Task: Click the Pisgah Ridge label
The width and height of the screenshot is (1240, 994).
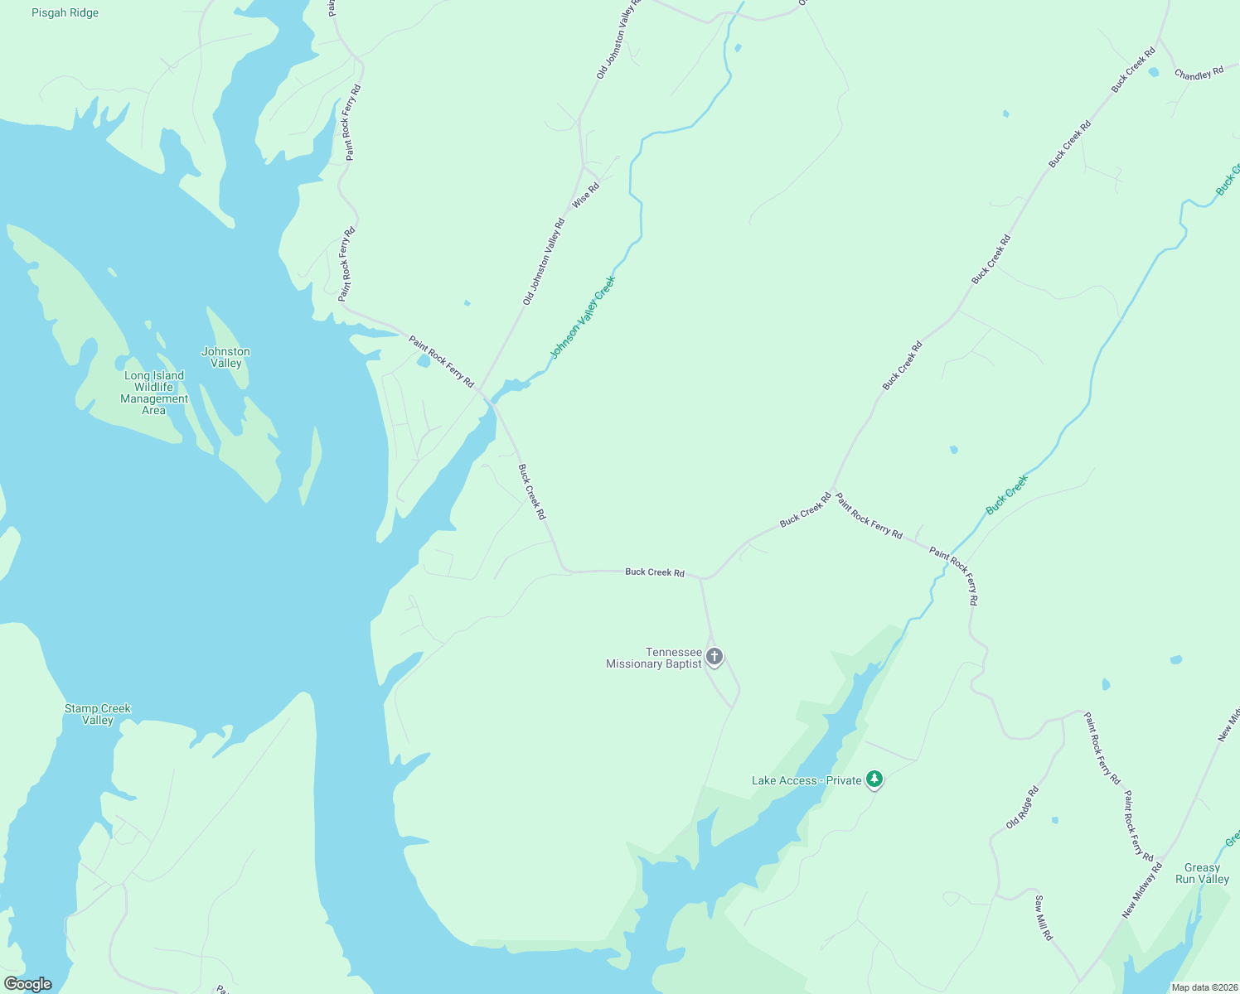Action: coord(65,13)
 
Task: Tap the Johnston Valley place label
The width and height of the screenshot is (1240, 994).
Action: coord(225,358)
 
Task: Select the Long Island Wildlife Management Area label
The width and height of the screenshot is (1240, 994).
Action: coord(154,393)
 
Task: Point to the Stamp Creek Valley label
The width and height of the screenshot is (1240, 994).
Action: coord(98,714)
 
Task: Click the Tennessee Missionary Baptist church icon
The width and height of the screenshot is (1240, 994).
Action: coord(714,657)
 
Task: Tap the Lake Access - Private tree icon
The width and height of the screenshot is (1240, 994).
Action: coord(874,779)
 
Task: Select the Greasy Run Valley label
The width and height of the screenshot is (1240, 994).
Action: coord(1202,873)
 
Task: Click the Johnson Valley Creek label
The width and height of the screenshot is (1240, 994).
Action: coord(583,318)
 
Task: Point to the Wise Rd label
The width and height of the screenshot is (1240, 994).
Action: coord(585,195)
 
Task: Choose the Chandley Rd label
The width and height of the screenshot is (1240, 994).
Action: coord(1199,74)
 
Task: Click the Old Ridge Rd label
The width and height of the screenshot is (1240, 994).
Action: coord(1022,808)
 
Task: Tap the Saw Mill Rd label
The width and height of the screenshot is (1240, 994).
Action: coord(1043,917)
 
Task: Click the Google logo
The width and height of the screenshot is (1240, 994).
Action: coord(28,984)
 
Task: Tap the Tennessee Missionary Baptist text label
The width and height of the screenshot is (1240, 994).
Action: coord(654,658)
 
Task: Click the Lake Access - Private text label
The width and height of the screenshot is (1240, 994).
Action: coord(806,780)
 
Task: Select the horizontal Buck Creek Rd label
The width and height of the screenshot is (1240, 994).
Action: coord(655,572)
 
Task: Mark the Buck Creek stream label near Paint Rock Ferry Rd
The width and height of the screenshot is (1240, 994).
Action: coord(1007,494)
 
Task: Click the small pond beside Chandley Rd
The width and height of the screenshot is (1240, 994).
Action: coord(1154,72)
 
